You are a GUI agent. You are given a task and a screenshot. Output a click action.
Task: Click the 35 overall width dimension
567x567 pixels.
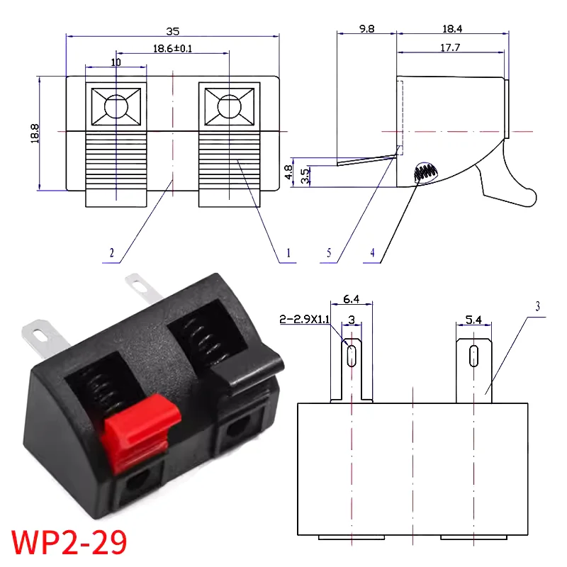pyautogui.click(x=173, y=30)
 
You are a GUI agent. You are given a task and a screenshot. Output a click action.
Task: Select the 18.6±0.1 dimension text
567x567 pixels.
pyautogui.click(x=173, y=49)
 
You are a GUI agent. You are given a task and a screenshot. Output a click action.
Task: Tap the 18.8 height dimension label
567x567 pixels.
pyautogui.click(x=35, y=133)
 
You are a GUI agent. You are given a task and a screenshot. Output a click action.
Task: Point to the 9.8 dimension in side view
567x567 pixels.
pyautogui.click(x=366, y=29)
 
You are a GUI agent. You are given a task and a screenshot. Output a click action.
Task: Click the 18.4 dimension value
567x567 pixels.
pyautogui.click(x=451, y=29)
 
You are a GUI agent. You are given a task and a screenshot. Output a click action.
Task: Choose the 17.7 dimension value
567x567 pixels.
pyautogui.click(x=451, y=47)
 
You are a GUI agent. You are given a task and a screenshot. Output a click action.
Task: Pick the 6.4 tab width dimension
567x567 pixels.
pyautogui.click(x=350, y=300)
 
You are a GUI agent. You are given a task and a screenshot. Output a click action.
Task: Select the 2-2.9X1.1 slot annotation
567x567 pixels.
pyautogui.click(x=305, y=320)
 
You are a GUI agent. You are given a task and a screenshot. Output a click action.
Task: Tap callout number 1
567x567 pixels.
pyautogui.click(x=288, y=252)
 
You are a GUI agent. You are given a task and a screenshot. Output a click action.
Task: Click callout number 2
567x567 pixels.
pyautogui.click(x=111, y=252)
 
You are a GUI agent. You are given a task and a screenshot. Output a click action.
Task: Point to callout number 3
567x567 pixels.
pyautogui.click(x=538, y=306)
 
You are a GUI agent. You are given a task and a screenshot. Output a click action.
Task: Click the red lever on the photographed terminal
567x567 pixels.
pyautogui.click(x=136, y=430)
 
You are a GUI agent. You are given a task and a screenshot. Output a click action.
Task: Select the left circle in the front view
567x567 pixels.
pyautogui.click(x=116, y=107)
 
